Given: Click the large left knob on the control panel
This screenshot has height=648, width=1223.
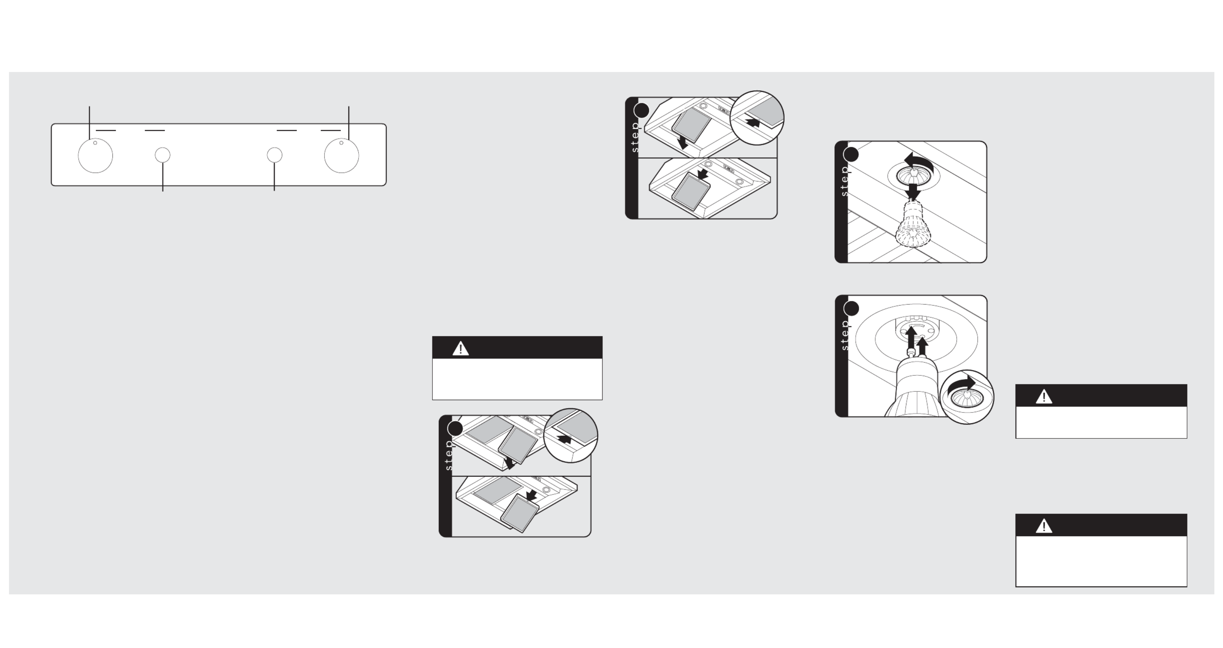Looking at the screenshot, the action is (x=96, y=155).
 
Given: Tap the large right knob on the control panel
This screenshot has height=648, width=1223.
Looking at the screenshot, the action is (x=341, y=155).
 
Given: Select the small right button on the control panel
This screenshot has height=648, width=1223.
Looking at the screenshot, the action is (x=274, y=155).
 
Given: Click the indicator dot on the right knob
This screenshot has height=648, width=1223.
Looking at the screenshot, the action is (x=341, y=143).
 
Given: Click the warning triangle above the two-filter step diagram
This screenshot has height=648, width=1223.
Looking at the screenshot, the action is (x=460, y=348).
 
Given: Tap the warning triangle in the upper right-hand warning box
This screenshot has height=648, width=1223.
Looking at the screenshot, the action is (x=1044, y=396).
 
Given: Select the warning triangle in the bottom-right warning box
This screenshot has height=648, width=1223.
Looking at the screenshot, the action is (x=1044, y=525).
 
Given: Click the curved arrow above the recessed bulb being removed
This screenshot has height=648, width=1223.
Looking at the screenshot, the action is (x=919, y=162).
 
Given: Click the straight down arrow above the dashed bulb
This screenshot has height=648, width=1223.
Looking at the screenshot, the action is (x=912, y=192).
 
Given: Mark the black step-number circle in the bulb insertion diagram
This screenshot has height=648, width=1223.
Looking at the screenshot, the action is (x=851, y=308).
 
